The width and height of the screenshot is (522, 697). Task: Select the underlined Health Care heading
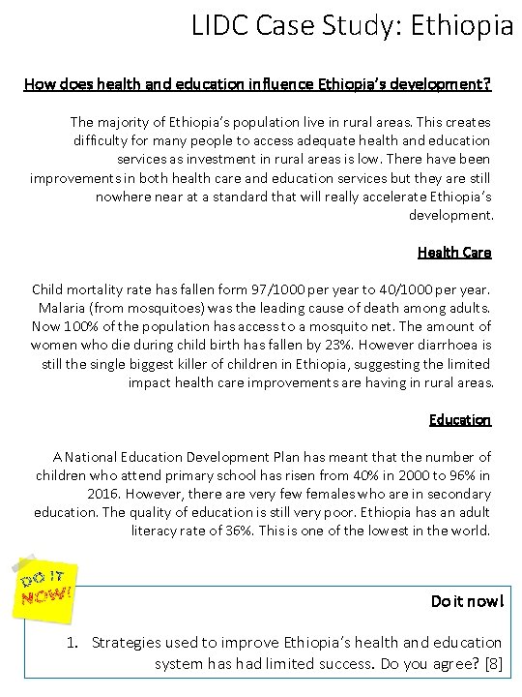pyautogui.click(x=454, y=253)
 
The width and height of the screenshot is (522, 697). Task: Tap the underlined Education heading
pyautogui.click(x=460, y=419)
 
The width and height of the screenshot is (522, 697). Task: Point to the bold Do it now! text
pyautogui.click(x=466, y=601)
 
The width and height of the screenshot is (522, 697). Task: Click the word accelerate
pyautogui.click(x=363, y=197)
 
